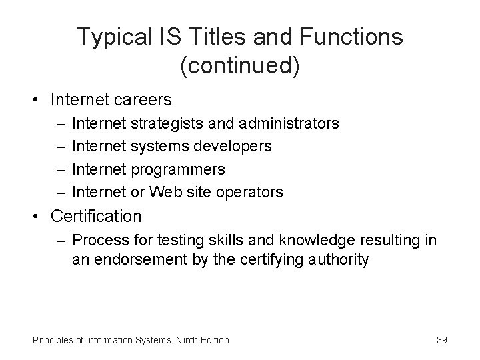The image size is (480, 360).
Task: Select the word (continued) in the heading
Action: (x=239, y=65)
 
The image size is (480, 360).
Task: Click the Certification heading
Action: (x=96, y=216)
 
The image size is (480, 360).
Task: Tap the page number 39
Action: (x=441, y=340)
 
